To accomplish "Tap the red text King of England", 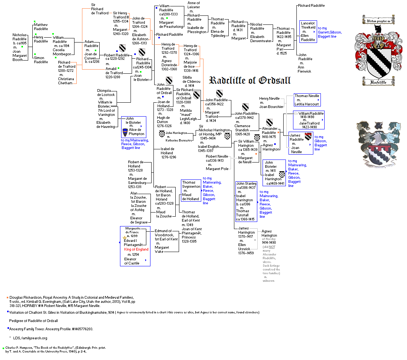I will (x=136, y=249).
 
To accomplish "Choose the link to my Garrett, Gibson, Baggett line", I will (x=330, y=32).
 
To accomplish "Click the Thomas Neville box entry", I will (x=307, y=96).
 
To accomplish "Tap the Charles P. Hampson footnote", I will (x=56, y=349).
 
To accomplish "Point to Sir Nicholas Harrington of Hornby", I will (x=214, y=130).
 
